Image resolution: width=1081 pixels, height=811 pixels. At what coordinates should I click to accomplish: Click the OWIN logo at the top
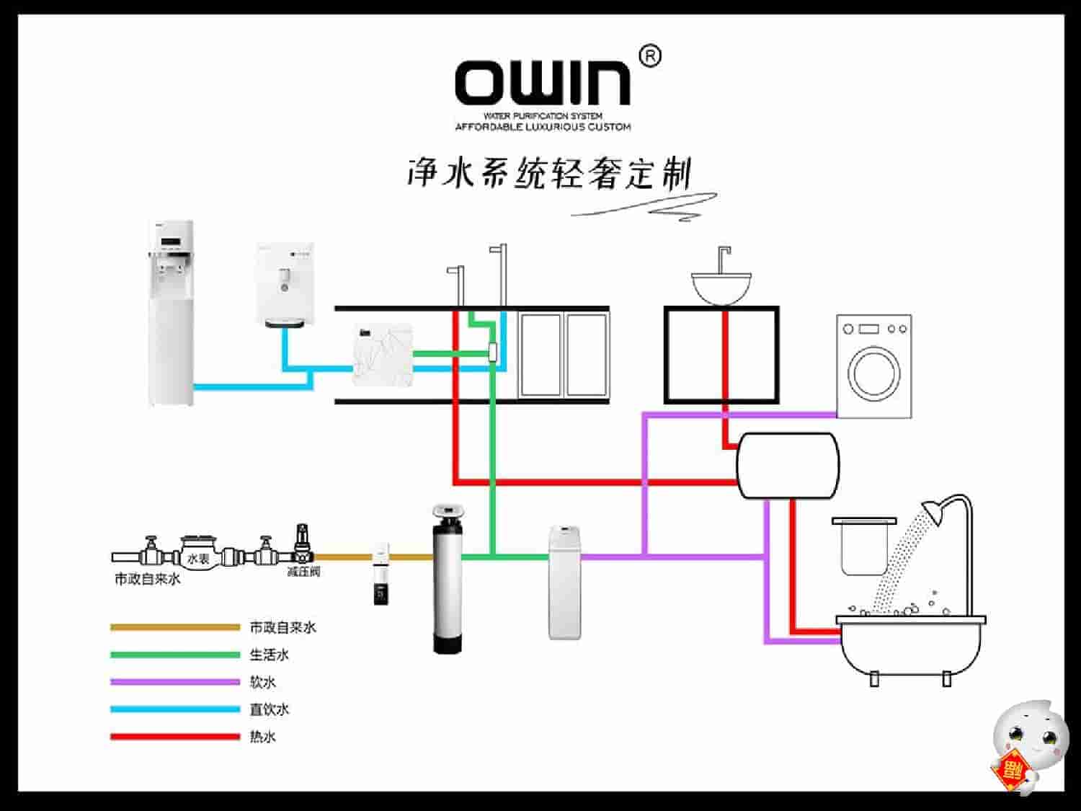click(543, 82)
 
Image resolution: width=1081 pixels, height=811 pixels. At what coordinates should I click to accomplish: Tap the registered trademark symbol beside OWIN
click(650, 56)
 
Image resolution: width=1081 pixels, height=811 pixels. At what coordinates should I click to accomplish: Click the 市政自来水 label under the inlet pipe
click(148, 579)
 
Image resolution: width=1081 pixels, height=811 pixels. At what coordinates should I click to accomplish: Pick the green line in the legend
click(174, 655)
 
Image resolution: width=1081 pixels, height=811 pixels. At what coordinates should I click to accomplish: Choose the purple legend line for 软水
click(174, 682)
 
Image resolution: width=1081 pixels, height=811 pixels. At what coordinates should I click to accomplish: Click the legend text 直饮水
click(269, 709)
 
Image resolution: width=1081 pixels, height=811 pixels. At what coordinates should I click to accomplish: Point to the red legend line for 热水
click(174, 737)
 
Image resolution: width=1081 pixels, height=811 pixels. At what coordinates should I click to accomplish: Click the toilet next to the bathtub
click(863, 545)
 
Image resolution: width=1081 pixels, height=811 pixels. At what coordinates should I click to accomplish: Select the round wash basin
click(721, 286)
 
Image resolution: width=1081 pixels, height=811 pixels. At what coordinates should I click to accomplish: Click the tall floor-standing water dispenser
click(172, 313)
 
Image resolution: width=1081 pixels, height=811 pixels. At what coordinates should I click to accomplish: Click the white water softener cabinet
click(564, 582)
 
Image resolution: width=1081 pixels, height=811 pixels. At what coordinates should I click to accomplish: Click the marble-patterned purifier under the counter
click(382, 356)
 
